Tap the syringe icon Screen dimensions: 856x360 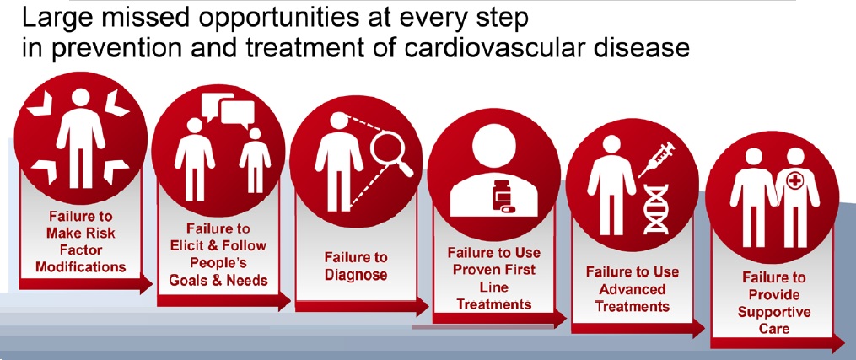point(656,159)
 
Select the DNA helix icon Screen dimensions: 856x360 point(655,209)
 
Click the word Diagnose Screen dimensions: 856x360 point(355,274)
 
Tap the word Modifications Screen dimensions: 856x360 point(81,266)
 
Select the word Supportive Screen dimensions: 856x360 point(773,312)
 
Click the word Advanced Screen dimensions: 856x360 point(633,288)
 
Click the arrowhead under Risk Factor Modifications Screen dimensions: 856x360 point(146,284)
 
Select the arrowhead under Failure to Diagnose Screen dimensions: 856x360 point(422,307)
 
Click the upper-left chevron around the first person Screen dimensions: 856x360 point(39,104)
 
